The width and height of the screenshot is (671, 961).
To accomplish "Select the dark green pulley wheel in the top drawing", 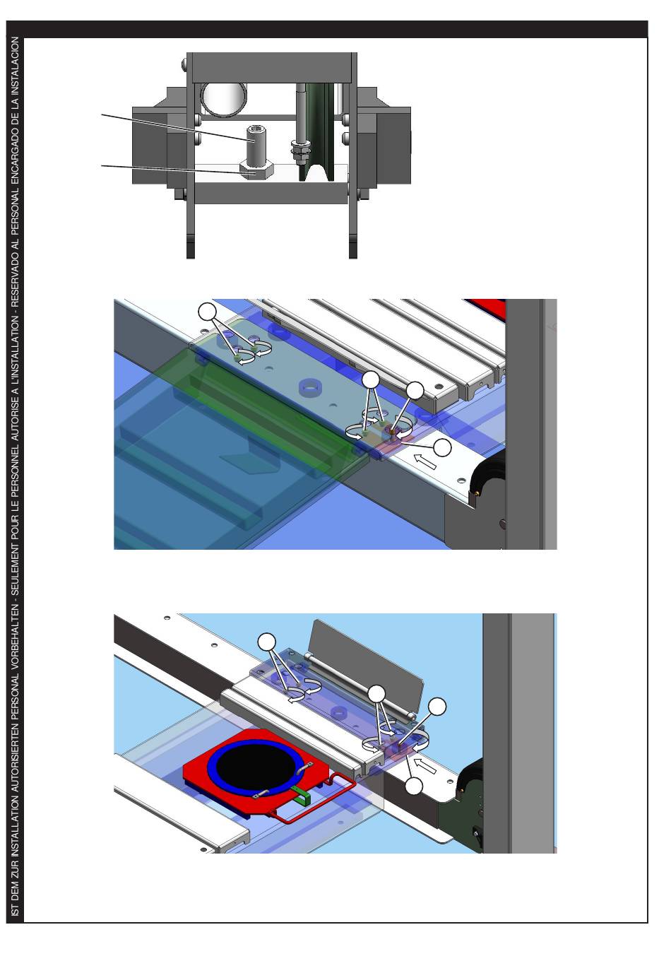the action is [x=318, y=132].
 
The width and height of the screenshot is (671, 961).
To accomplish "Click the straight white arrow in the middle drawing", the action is [x=425, y=461].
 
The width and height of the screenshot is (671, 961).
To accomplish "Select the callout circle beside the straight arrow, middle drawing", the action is [x=442, y=447].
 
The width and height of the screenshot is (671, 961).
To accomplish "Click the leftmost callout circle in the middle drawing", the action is [x=208, y=311].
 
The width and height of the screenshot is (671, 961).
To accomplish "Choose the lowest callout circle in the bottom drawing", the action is [x=414, y=786].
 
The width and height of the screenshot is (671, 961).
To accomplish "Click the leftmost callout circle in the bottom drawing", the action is [x=267, y=642].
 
